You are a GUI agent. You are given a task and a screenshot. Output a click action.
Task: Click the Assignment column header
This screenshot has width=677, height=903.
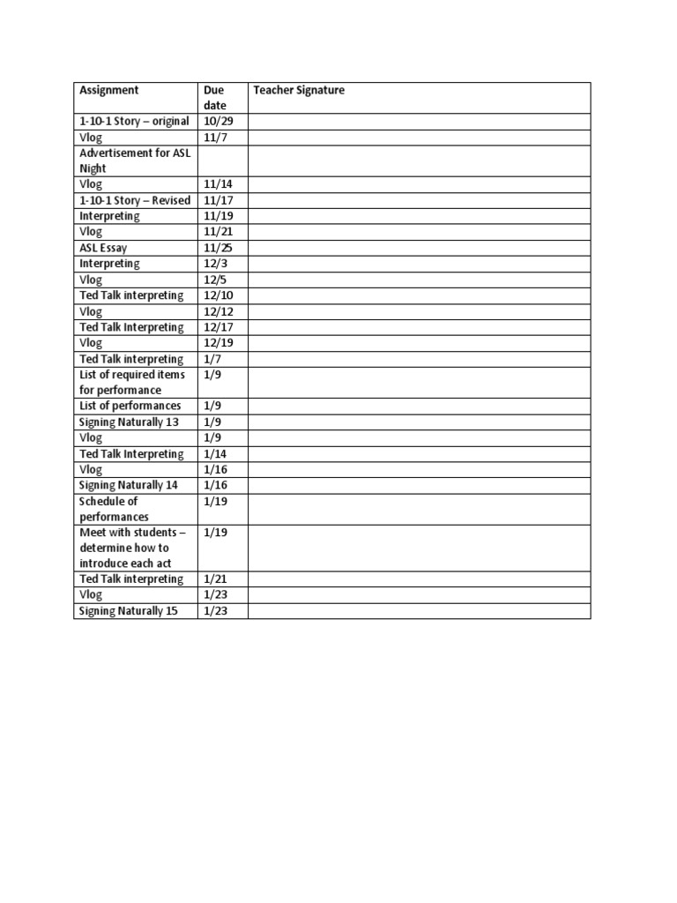pyautogui.click(x=109, y=90)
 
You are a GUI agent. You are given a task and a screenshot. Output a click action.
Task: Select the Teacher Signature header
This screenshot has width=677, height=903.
pyautogui.click(x=298, y=90)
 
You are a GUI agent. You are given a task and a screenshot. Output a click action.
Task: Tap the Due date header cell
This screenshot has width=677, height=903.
pyautogui.click(x=214, y=97)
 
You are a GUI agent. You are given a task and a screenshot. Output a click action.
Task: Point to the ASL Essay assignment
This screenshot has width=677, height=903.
pyautogui.click(x=103, y=248)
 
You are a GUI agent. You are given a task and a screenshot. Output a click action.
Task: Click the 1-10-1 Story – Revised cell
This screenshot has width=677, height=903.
pyautogui.click(x=134, y=200)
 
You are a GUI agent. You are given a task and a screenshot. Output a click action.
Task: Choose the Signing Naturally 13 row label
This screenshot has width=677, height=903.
pyautogui.click(x=129, y=422)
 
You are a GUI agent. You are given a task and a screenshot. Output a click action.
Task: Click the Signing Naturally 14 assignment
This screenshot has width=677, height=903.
pyautogui.click(x=129, y=485)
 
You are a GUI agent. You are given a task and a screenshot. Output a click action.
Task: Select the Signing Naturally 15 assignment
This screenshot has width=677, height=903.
pyautogui.click(x=129, y=611)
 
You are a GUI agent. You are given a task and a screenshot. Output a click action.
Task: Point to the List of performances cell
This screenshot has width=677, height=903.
pyautogui.click(x=130, y=406)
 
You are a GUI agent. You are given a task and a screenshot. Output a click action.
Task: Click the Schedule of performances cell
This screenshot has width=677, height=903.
pyautogui.click(x=115, y=509)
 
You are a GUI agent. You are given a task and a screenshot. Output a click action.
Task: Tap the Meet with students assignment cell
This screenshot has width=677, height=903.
pyautogui.click(x=124, y=548)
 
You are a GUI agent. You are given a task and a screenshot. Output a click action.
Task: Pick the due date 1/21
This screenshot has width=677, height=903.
pyautogui.click(x=215, y=579)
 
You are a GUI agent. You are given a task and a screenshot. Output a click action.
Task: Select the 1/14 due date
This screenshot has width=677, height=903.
pyautogui.click(x=215, y=454)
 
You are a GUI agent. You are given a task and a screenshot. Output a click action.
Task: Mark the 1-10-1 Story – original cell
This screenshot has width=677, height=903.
pyautogui.click(x=134, y=121)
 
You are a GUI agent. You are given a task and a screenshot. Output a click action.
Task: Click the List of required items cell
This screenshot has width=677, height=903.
pyautogui.click(x=132, y=382)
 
